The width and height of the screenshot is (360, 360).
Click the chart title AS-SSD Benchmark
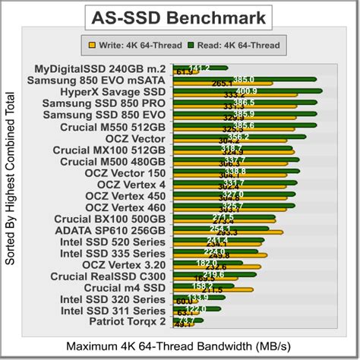tap(179, 16)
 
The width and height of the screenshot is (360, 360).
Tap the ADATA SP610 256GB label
tap(110, 230)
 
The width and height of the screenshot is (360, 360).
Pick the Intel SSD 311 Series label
tap(112, 310)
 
